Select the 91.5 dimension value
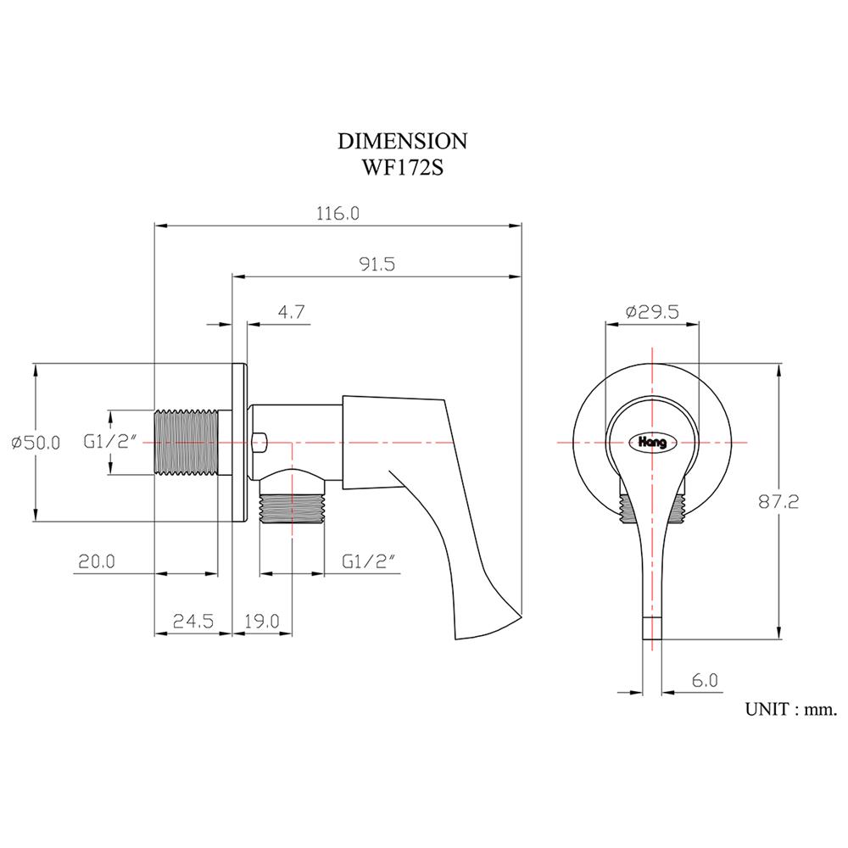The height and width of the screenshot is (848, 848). click(377, 264)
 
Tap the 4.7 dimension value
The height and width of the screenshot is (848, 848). click(291, 312)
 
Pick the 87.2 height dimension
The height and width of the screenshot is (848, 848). click(778, 501)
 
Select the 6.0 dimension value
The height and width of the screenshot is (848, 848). click(705, 681)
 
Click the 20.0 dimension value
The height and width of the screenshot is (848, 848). click(97, 561)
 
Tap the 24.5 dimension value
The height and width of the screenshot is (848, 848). click(192, 621)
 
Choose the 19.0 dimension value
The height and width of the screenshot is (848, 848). click(262, 621)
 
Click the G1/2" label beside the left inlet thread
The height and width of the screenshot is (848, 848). click(105, 443)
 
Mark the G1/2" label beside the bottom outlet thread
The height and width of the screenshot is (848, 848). click(369, 561)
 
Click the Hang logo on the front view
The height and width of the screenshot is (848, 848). click(651, 442)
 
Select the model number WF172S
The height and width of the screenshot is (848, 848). click(402, 167)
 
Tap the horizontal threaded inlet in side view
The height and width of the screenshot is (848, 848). click(186, 443)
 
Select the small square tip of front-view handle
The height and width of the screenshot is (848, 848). click(650, 628)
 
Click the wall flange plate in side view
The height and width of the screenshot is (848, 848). click(238, 443)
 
